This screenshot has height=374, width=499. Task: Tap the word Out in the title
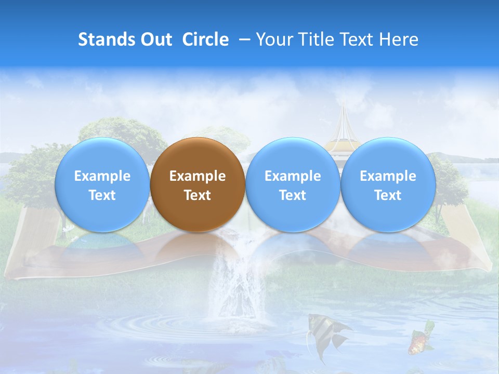tap(156, 39)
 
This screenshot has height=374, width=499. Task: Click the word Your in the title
tap(273, 39)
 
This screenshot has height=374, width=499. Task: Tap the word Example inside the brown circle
tap(198, 176)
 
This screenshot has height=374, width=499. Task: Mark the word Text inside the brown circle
tap(198, 195)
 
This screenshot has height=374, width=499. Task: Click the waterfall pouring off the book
tap(234, 280)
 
